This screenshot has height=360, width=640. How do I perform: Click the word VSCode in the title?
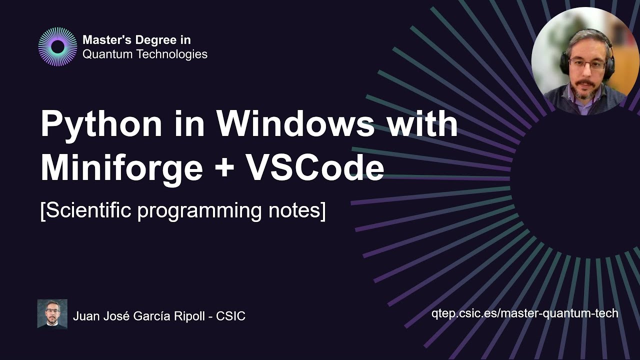click(314, 168)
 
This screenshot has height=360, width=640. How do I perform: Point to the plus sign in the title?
click(224, 169)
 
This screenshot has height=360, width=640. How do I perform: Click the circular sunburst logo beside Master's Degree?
click(58, 47)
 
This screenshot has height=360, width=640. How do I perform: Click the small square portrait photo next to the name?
click(52, 314)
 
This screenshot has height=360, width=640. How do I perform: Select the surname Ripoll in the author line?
click(191, 316)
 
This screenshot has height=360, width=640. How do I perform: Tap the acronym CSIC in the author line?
click(230, 316)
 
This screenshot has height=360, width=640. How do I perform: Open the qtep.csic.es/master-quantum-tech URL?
click(524, 313)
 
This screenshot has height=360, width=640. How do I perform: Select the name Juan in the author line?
click(83, 316)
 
